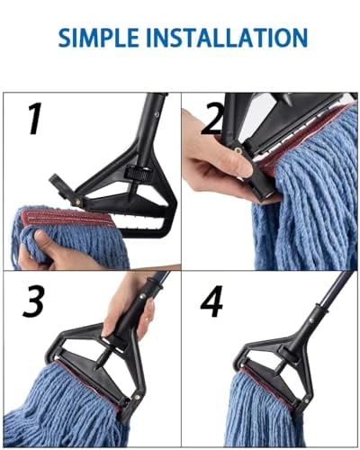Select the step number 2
(x=211, y=119)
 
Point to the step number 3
(x=32, y=303)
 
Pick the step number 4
(x=212, y=303)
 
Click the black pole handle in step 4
(x=328, y=301)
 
